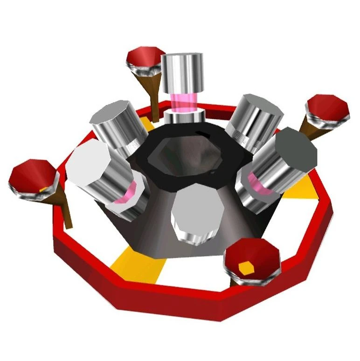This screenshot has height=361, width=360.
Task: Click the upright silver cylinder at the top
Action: pyautogui.click(x=183, y=74)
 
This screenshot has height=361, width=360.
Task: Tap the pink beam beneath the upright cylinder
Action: pyautogui.click(x=182, y=102)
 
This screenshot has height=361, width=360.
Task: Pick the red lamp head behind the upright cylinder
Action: pyautogui.click(x=145, y=58)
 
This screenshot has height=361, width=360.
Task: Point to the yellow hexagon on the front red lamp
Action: pyautogui.click(x=245, y=267)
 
